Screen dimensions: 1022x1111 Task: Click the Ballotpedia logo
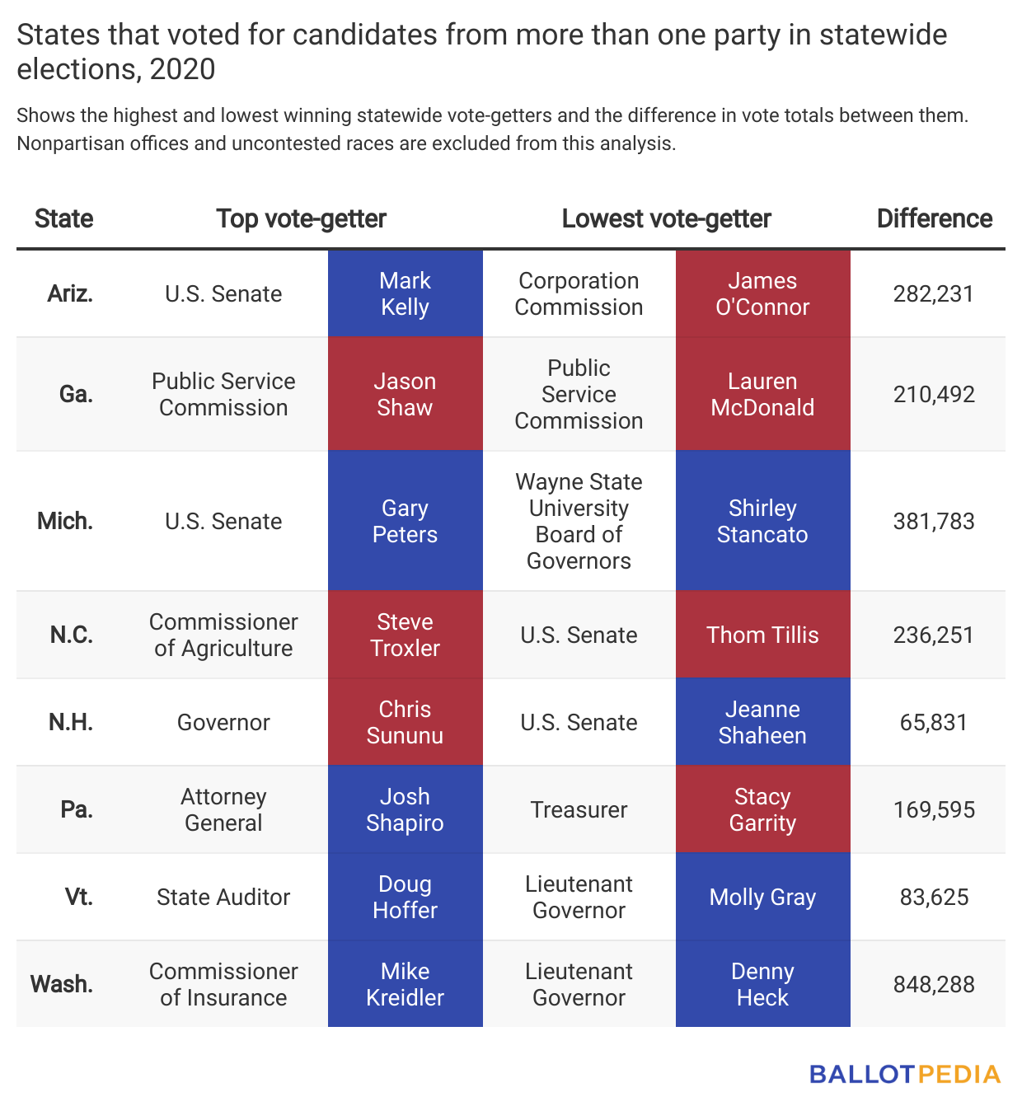[x=905, y=1074]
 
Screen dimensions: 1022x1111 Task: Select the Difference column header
[x=934, y=218]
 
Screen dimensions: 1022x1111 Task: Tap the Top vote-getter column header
[x=301, y=218]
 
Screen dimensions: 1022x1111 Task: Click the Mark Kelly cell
[x=405, y=293]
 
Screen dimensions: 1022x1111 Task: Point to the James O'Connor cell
[x=762, y=293]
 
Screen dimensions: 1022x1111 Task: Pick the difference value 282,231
[x=934, y=294]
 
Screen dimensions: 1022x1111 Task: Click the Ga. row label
[x=76, y=394]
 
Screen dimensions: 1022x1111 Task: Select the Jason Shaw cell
[x=405, y=394]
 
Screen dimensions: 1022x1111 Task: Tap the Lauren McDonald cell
[x=762, y=394]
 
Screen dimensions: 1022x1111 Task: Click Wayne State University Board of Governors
[x=579, y=521]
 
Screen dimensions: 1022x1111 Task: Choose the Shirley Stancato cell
[x=762, y=521]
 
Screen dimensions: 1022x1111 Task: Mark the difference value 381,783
[x=934, y=521]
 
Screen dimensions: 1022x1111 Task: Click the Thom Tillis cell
[x=762, y=634]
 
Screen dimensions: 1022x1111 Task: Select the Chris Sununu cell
[x=405, y=722]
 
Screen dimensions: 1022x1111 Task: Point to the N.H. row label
[x=71, y=722]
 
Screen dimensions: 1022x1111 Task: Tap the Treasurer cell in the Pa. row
[x=579, y=809]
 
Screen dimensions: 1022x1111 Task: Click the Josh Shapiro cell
[x=405, y=809]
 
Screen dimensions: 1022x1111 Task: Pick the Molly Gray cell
[x=762, y=897]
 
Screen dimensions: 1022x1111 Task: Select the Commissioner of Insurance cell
[x=223, y=984]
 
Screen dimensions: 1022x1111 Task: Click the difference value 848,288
[x=934, y=985]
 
